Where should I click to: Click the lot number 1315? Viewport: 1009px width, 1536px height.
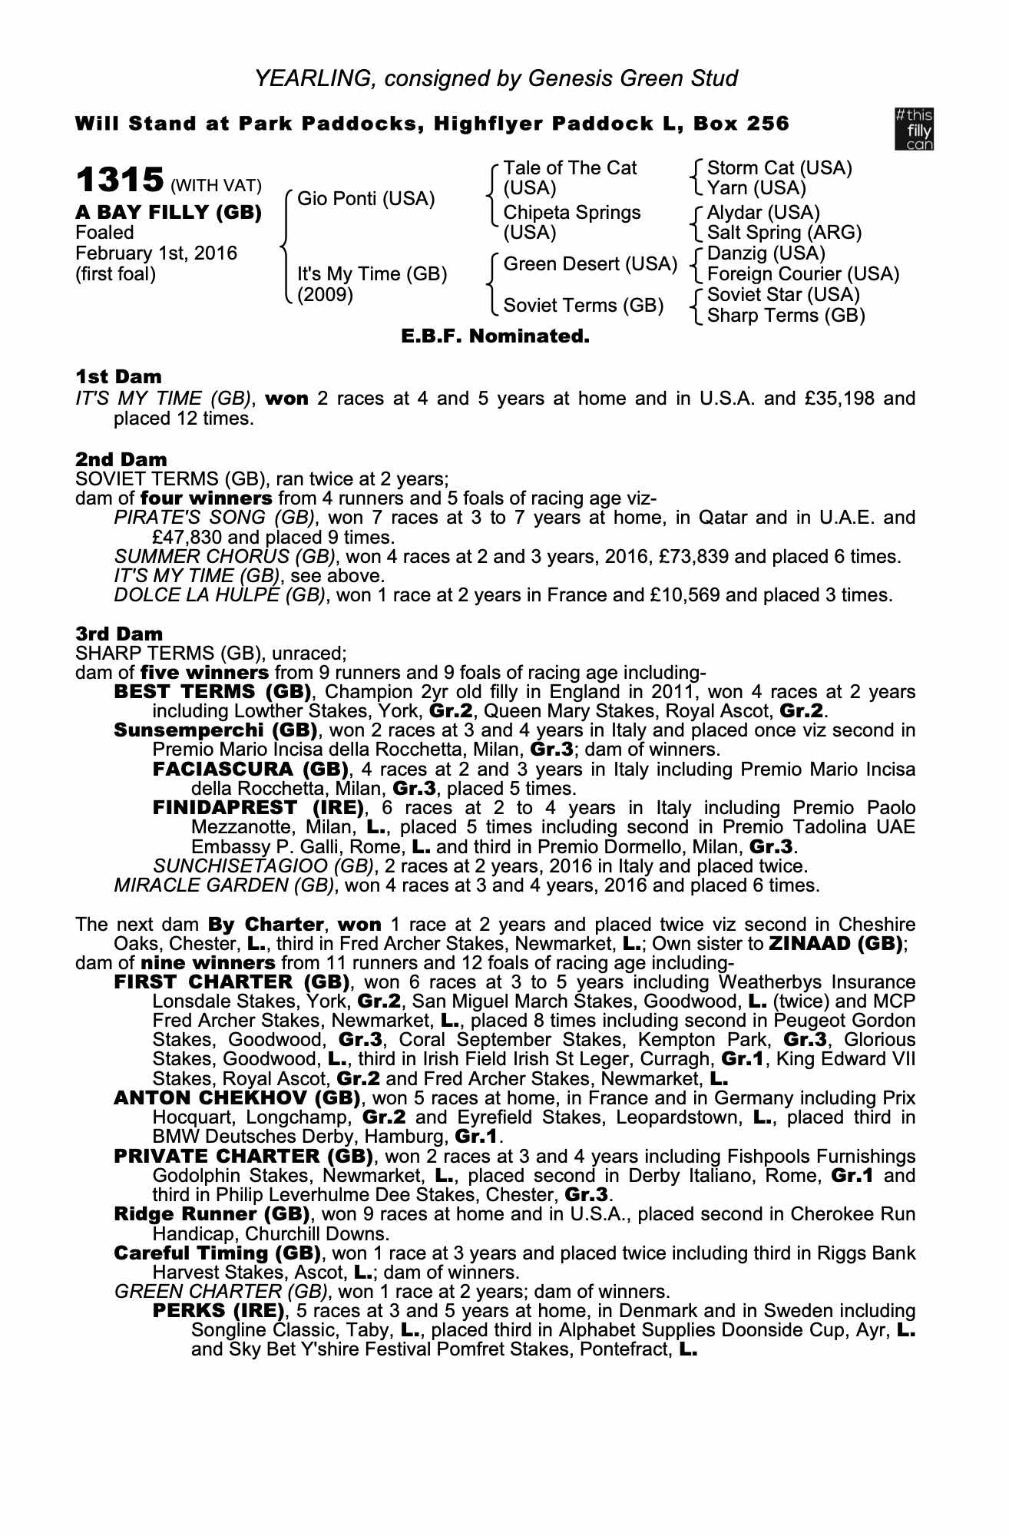[119, 180]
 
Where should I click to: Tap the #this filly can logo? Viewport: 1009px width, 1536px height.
[914, 129]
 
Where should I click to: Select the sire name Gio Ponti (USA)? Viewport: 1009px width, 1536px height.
[366, 199]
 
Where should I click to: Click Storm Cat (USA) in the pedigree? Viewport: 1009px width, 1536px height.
[779, 168]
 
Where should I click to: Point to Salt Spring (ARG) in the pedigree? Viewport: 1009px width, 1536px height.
[784, 232]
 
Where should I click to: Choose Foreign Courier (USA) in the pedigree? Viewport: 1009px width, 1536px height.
[802, 273]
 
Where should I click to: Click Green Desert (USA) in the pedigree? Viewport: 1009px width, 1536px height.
[590, 264]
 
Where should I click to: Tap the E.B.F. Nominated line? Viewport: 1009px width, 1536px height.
[495, 336]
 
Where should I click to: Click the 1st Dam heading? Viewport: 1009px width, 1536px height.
[118, 376]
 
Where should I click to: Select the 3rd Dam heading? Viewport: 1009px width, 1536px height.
[119, 634]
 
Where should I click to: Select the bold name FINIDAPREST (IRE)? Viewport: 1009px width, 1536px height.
[258, 808]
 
